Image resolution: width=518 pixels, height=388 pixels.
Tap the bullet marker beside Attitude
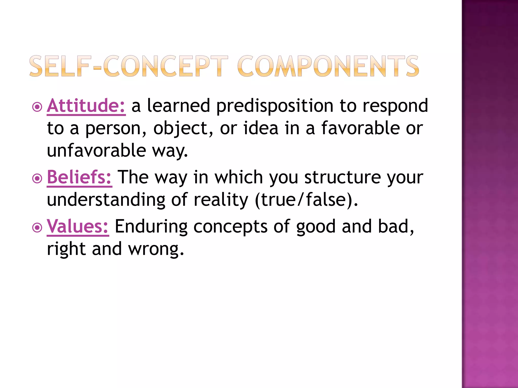(x=37, y=107)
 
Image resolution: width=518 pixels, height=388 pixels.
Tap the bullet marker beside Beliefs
(x=37, y=179)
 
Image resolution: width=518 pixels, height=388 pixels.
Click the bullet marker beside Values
(x=37, y=228)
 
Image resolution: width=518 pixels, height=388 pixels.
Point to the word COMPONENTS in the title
(x=328, y=66)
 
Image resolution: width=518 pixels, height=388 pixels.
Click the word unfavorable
(x=96, y=151)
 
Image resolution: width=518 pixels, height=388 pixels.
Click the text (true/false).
(x=306, y=200)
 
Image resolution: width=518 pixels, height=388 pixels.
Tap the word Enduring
(x=151, y=227)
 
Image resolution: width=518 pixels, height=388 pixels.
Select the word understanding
(x=106, y=200)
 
